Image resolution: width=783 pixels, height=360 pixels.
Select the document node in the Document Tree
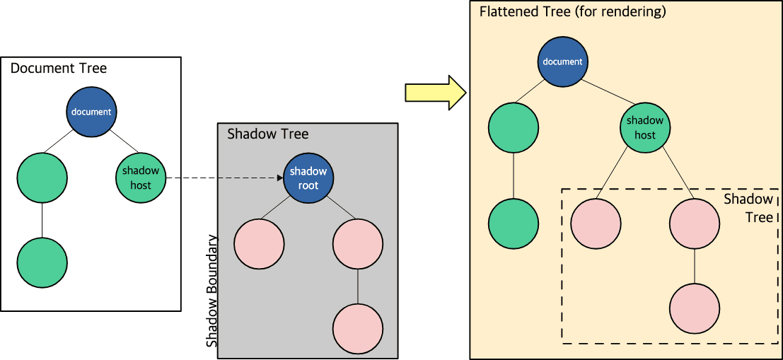(x=92, y=112)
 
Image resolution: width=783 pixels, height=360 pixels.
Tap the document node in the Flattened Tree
(x=562, y=62)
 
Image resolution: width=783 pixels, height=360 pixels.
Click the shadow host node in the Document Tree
(x=141, y=178)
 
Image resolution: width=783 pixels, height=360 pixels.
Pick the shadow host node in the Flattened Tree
(x=644, y=129)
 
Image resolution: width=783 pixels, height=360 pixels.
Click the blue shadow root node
(x=308, y=178)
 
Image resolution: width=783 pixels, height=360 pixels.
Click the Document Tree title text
(x=59, y=69)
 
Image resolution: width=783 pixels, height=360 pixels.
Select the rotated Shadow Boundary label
(x=211, y=290)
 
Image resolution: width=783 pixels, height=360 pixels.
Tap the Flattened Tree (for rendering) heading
(x=573, y=12)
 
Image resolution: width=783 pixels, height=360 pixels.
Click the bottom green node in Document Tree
(x=42, y=263)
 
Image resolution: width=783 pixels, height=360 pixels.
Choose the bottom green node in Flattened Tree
(x=514, y=224)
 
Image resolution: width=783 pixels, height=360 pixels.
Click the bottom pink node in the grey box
(x=358, y=330)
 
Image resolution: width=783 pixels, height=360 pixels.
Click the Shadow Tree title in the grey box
(x=267, y=134)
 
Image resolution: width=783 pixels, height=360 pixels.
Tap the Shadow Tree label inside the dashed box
(x=748, y=208)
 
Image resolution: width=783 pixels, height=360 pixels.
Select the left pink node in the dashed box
(x=596, y=224)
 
